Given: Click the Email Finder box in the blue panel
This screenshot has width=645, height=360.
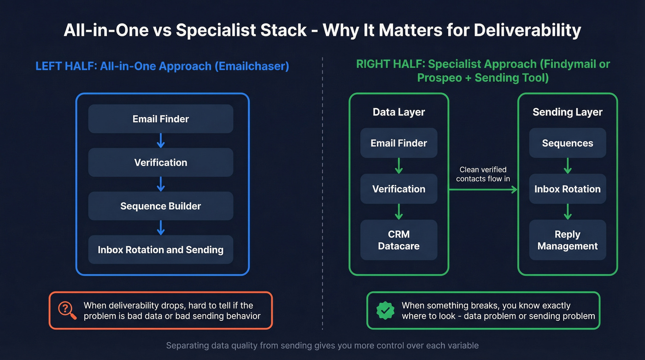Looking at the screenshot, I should coord(161,119).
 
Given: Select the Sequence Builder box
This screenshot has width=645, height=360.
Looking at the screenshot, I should coord(161,206).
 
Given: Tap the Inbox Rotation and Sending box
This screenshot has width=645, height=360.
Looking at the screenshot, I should coord(161,250).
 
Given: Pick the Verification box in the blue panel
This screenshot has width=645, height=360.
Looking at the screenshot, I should coord(161,162).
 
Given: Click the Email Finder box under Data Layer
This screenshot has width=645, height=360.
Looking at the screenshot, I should coord(399,143).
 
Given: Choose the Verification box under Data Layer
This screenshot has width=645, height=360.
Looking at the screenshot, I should coord(399,189).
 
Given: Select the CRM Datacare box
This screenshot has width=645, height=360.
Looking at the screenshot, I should coord(399,240).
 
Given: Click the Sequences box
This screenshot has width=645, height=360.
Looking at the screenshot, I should coord(567,143).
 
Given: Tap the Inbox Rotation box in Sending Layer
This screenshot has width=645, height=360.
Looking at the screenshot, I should coord(567,189).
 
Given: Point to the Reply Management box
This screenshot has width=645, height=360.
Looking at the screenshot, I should coord(567,240).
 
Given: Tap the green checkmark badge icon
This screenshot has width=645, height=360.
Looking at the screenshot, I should coord(385,311).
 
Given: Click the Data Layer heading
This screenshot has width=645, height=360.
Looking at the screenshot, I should coord(399,112).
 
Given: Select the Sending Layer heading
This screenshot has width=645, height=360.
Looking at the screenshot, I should coord(567,112).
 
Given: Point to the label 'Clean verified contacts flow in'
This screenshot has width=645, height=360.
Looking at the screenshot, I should coord(483,174).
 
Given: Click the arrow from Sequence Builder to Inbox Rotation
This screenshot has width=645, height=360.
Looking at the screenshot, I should coord(161,228).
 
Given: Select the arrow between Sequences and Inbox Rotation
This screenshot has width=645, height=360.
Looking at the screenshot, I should coord(567,166).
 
